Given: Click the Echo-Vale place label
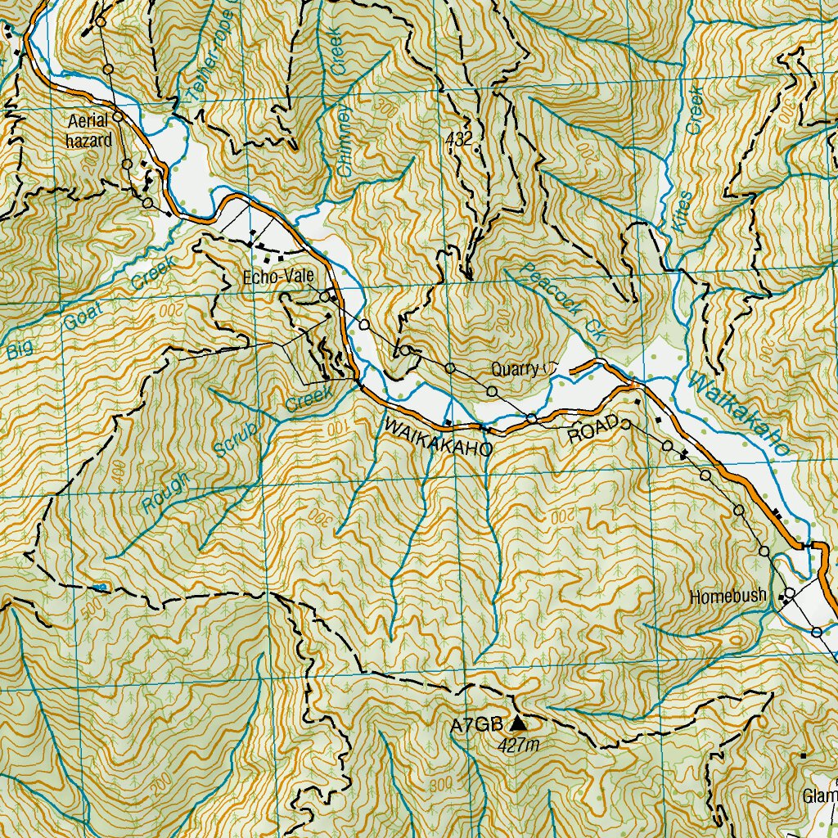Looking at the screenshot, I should coord(279,278).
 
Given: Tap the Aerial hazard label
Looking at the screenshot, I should coord(89,130).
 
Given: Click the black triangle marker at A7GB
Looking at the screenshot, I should coord(519,723).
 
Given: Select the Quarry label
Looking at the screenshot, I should coord(515,369).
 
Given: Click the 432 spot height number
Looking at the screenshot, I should coord(460,140).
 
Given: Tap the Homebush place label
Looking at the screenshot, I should coord(728,597).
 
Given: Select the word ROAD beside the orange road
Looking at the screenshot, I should coord(592,435).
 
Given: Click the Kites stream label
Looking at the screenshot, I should coord(681,208).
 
